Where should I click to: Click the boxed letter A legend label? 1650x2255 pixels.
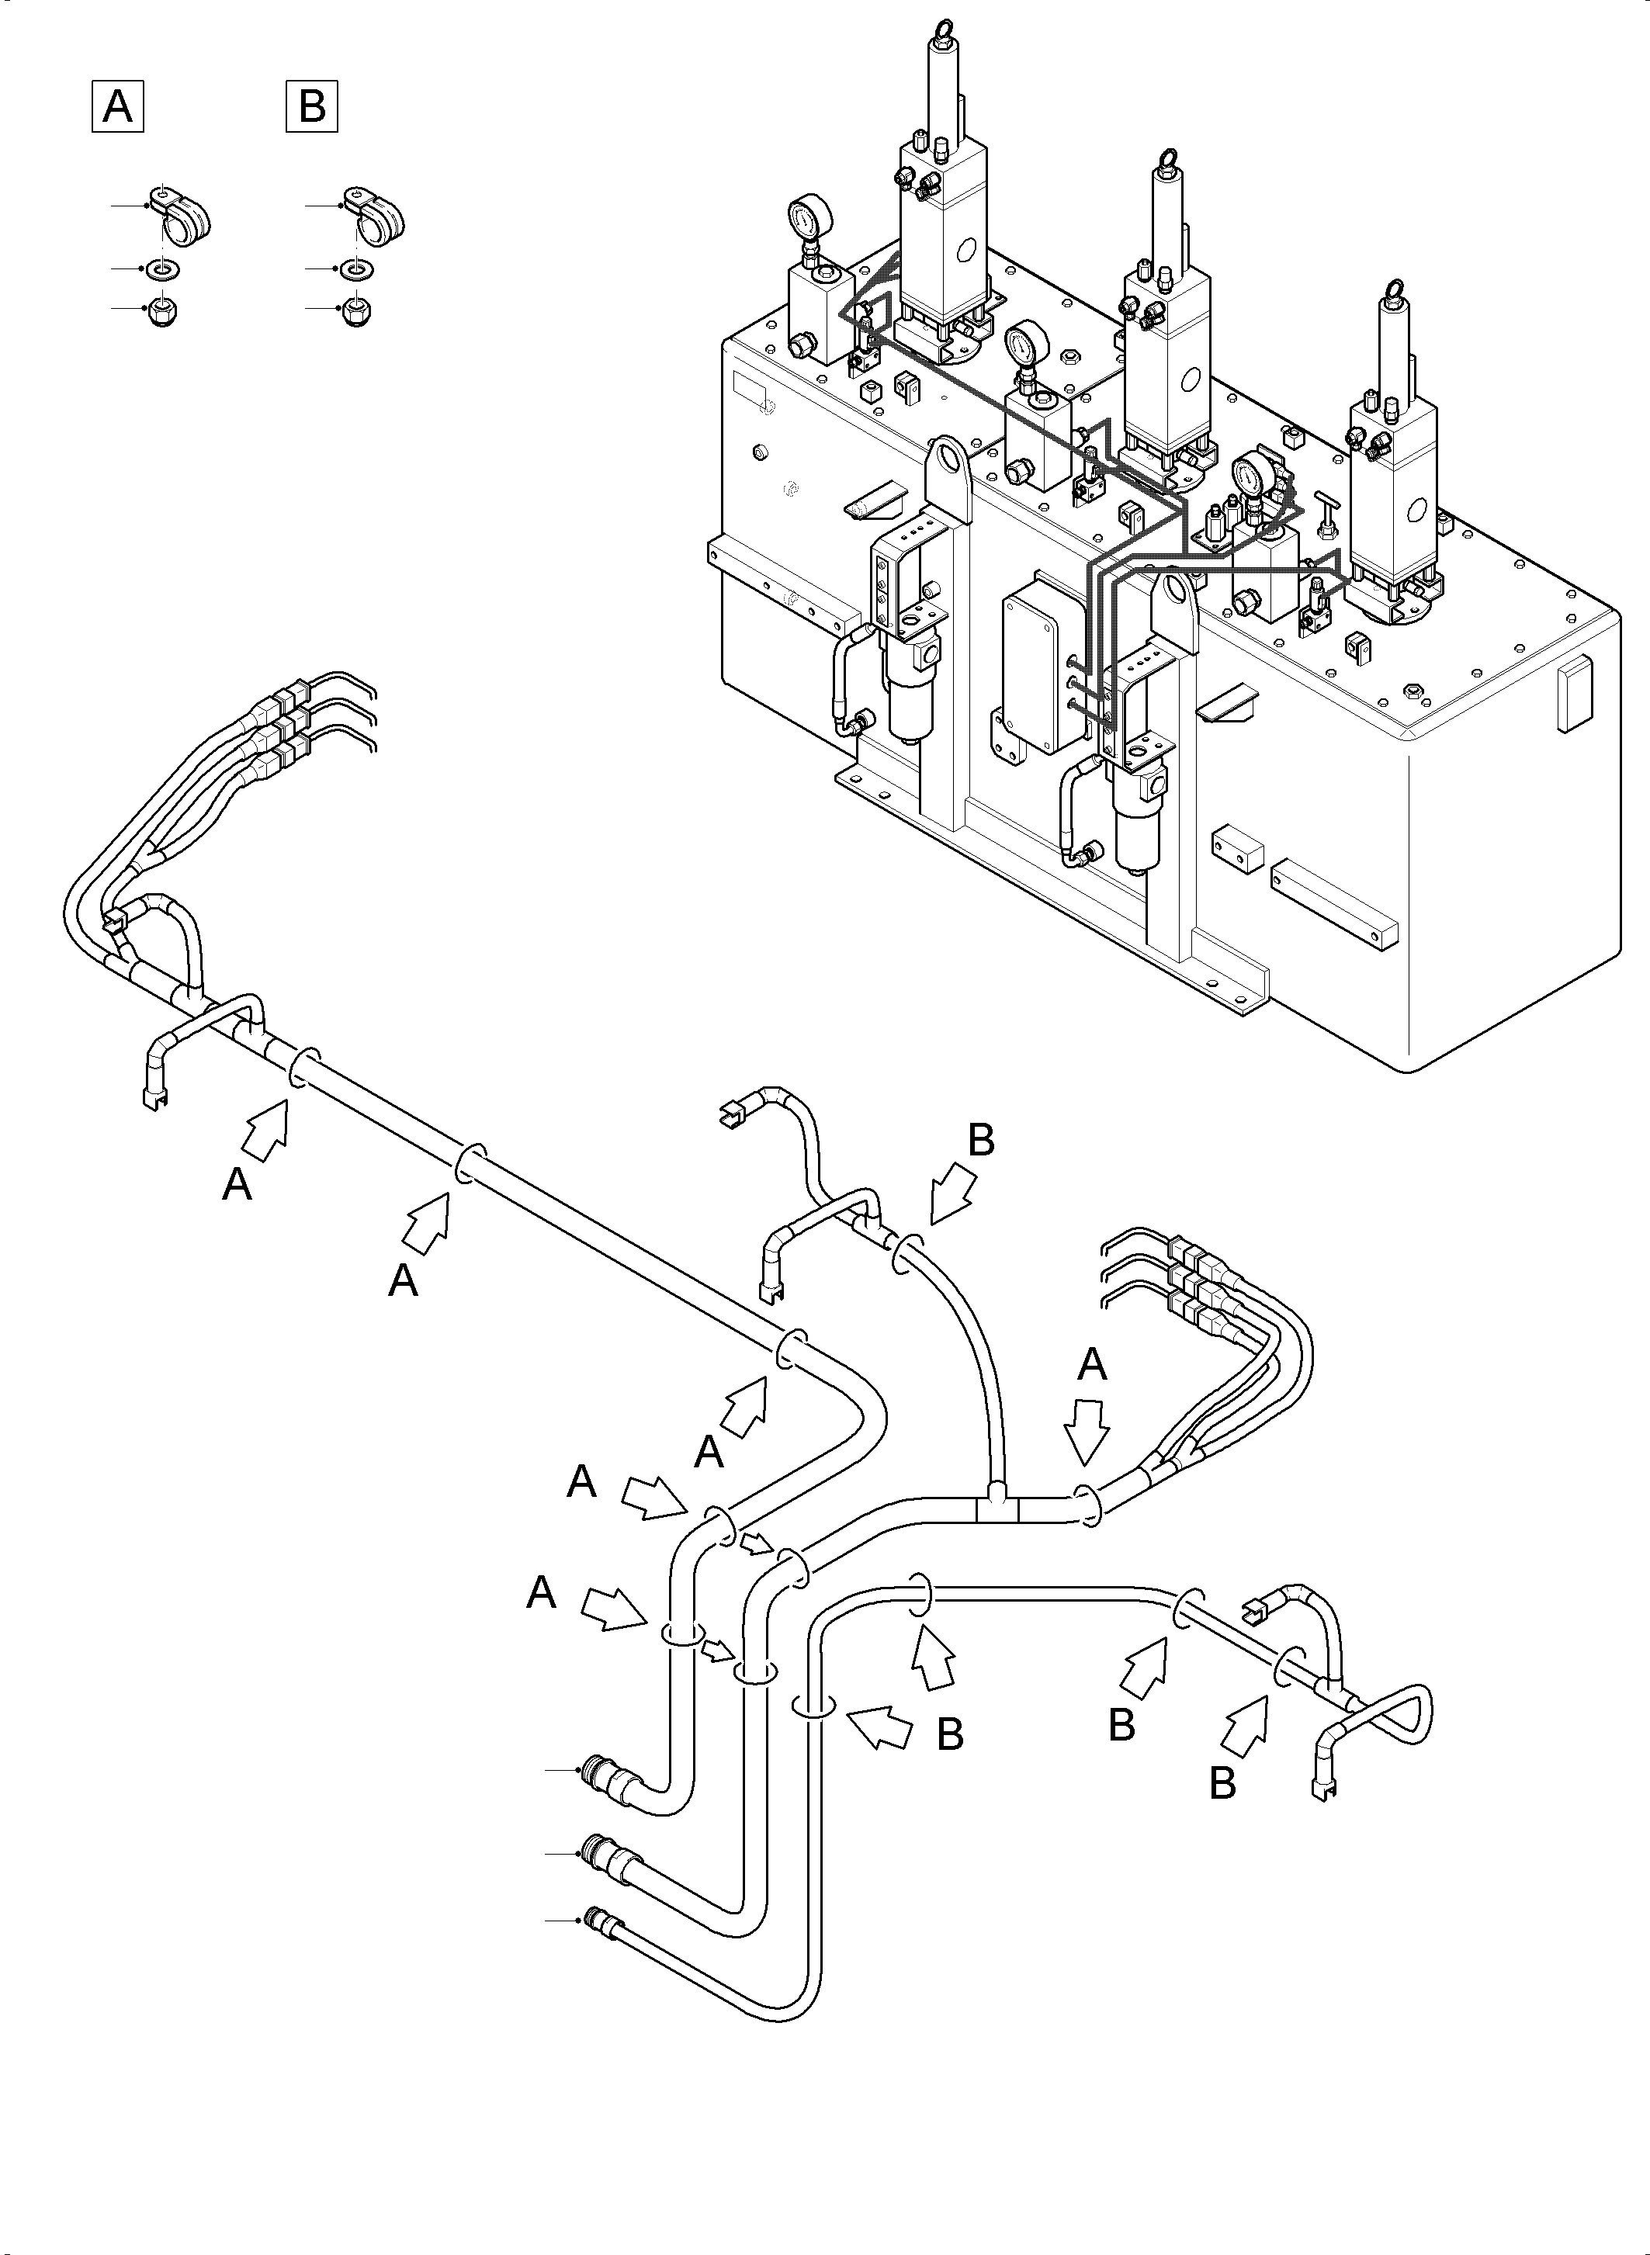[x=118, y=105]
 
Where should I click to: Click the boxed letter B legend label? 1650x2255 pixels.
[x=312, y=105]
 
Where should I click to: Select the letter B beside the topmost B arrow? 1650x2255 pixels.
[x=982, y=1139]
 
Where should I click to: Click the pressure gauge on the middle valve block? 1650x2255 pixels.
[x=1028, y=345]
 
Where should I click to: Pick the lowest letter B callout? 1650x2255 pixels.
[x=1222, y=1784]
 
